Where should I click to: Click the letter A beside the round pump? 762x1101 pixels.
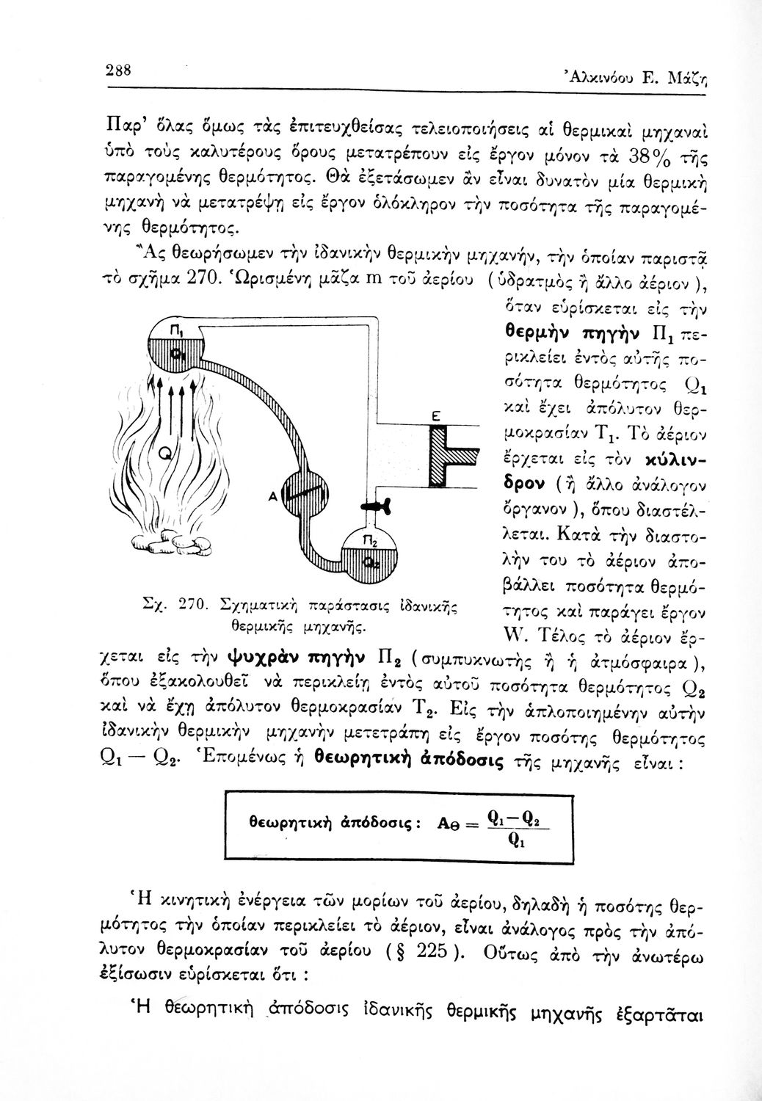point(271,497)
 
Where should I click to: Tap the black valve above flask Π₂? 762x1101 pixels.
point(377,506)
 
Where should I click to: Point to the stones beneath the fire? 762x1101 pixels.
point(173,545)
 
